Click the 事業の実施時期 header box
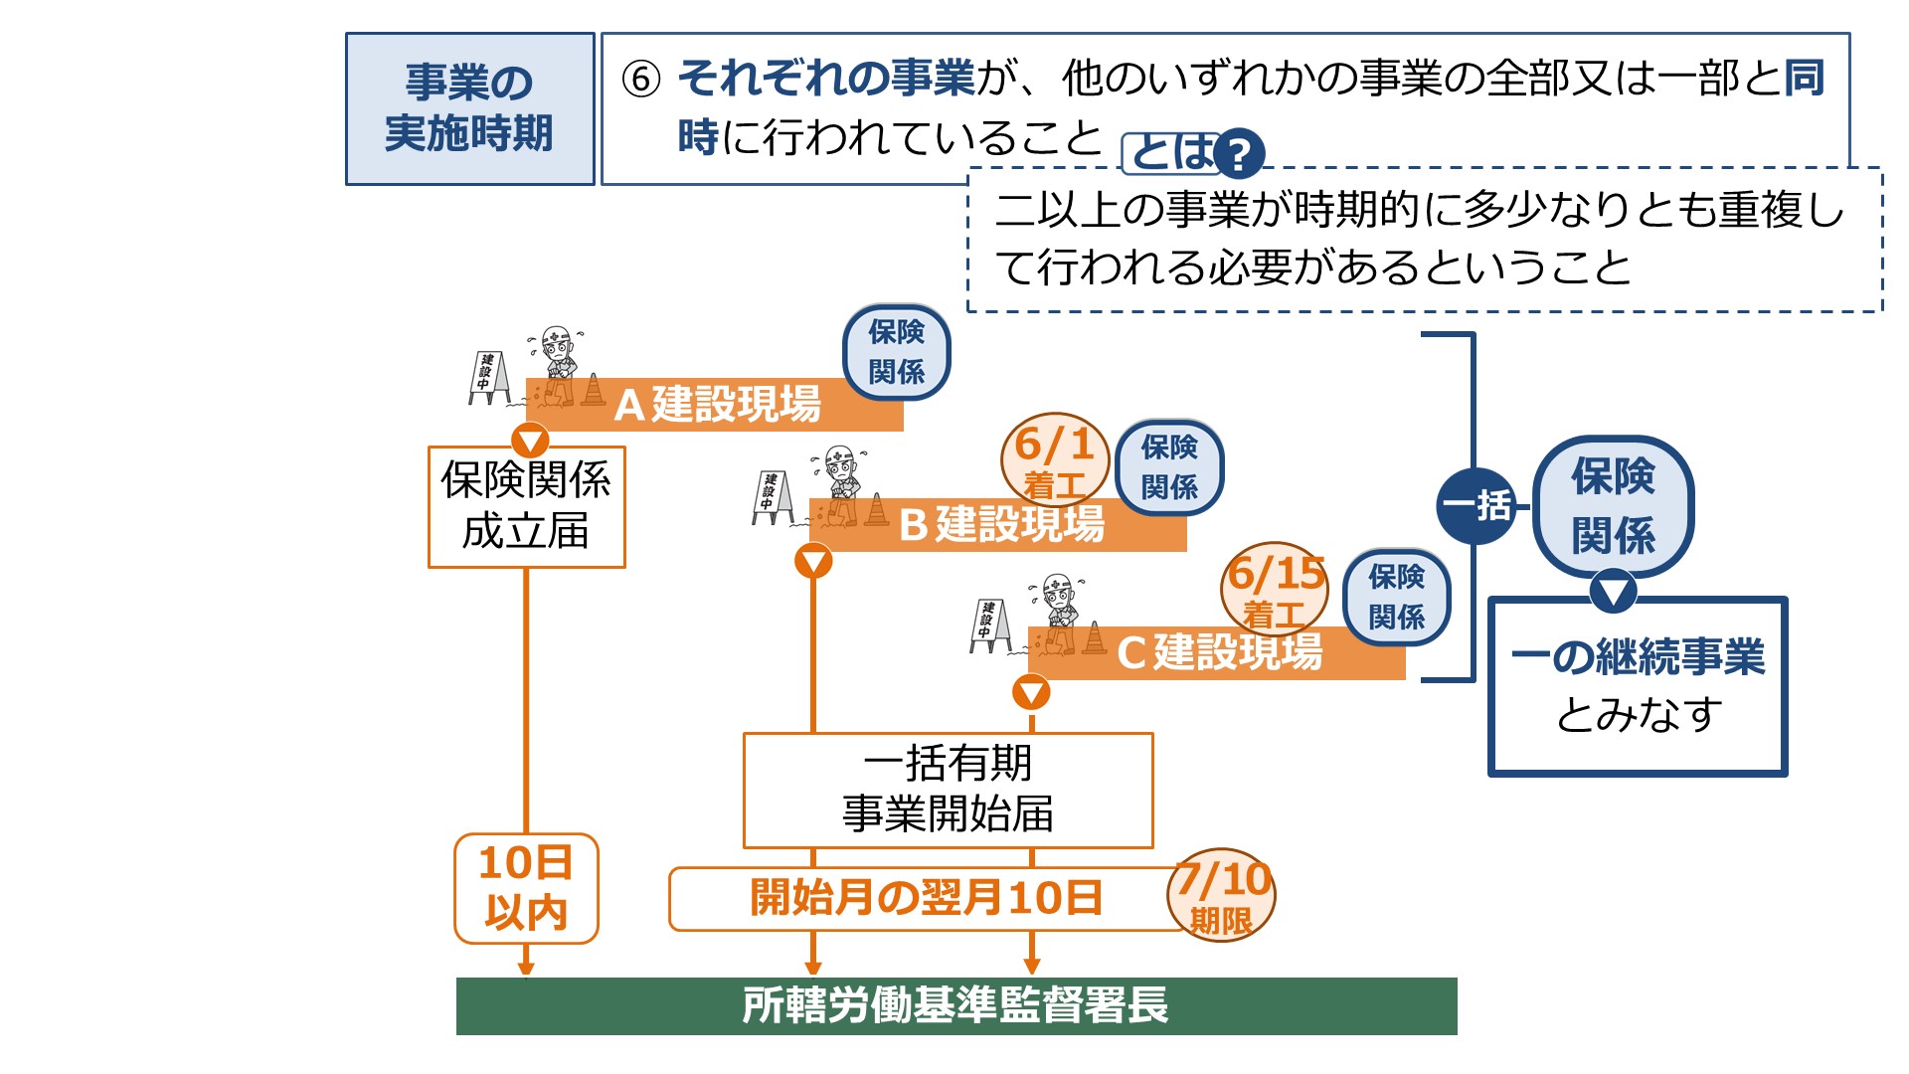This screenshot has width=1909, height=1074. click(469, 108)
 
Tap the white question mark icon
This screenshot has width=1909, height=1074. click(1239, 154)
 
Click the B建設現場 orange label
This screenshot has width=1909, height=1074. click(1000, 525)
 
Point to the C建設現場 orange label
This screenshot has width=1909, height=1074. click(1219, 653)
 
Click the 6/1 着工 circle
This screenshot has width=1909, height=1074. click(1054, 459)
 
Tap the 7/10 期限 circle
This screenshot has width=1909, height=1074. click(1222, 898)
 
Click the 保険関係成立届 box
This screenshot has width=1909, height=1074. click(526, 506)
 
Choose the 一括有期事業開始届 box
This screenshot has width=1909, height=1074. click(948, 790)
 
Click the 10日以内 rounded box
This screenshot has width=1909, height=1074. click(526, 888)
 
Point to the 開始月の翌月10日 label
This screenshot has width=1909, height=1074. click(925, 898)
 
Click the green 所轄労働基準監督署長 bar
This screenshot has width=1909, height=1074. click(955, 1005)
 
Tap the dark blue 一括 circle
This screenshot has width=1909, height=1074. click(1476, 505)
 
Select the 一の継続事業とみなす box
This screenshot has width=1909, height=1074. click(1637, 686)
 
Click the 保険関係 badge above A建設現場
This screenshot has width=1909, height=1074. click(896, 352)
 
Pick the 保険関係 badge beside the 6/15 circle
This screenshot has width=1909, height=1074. click(1396, 597)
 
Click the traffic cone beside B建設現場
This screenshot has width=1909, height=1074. click(877, 510)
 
